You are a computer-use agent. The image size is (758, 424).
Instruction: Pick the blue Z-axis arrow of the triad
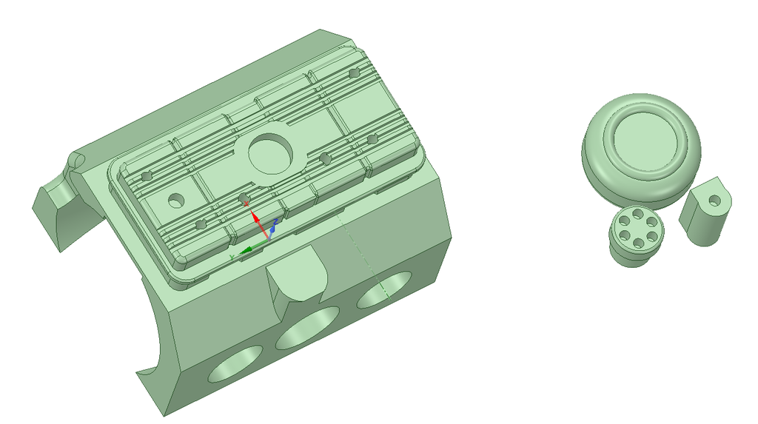(272, 230)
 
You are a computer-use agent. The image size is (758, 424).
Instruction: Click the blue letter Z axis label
(275, 221)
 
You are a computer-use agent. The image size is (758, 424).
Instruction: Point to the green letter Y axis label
(232, 256)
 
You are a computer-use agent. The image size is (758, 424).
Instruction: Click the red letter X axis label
(245, 203)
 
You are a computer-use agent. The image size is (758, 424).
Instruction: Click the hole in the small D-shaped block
(714, 201)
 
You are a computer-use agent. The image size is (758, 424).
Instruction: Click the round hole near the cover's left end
(176, 200)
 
